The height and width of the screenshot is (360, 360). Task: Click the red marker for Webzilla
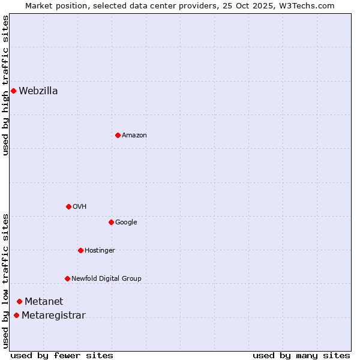[x=13, y=91]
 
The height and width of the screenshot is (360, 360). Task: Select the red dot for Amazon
[x=118, y=135]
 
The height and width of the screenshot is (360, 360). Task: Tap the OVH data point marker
[x=68, y=206]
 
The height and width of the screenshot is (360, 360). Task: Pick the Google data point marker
[x=111, y=222]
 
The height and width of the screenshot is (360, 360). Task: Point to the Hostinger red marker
[x=80, y=250]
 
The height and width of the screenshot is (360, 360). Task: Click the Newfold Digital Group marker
[x=67, y=278]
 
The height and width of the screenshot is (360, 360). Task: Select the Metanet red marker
[x=19, y=301]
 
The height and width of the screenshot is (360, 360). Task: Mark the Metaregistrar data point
[x=16, y=316]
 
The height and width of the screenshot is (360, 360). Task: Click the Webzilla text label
[x=38, y=91]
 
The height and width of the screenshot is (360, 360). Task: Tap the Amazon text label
[x=134, y=136]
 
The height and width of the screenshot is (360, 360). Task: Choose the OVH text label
[x=80, y=207]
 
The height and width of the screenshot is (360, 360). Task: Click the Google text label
[x=126, y=223]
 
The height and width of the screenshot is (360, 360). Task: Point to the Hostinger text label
[x=100, y=251]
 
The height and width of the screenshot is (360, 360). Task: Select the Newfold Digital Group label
[x=106, y=279]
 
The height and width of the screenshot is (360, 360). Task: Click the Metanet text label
[x=44, y=302]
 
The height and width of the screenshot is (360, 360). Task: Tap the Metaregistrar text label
[x=53, y=316]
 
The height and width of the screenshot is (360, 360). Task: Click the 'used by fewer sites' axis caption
[x=62, y=355]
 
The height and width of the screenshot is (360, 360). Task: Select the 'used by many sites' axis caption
[x=301, y=355]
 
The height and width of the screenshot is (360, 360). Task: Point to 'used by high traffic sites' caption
[x=6, y=85]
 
